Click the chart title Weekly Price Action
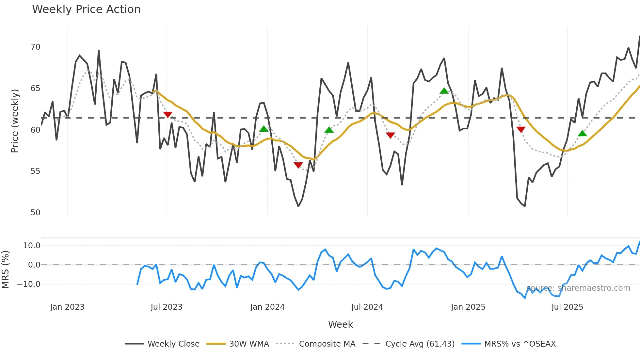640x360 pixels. click(x=86, y=9)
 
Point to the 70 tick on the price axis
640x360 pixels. click(x=35, y=47)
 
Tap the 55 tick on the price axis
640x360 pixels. click(x=35, y=171)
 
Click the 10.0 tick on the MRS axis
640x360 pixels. click(x=32, y=246)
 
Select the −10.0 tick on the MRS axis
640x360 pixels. click(x=29, y=284)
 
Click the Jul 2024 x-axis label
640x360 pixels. click(x=367, y=307)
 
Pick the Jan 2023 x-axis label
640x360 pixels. click(x=67, y=307)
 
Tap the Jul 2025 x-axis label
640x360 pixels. click(x=567, y=307)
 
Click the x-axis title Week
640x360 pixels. click(x=340, y=324)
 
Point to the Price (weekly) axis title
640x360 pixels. click(x=15, y=121)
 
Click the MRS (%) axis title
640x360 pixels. click(x=5, y=270)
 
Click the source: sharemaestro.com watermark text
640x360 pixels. click(x=578, y=288)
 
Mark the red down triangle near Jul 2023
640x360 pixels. click(x=168, y=115)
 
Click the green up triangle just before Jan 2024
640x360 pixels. click(x=264, y=129)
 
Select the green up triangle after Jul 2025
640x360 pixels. click(x=582, y=133)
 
